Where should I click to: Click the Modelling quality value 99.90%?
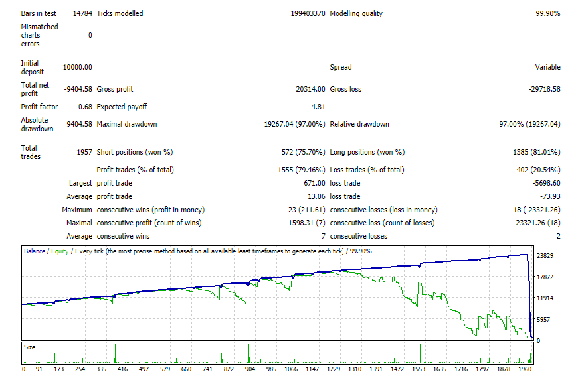click(x=547, y=13)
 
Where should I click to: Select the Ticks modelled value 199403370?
click(x=308, y=13)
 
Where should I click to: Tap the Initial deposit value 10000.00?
click(x=78, y=67)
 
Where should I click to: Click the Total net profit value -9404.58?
click(x=78, y=89)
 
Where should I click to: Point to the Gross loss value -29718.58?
click(x=544, y=89)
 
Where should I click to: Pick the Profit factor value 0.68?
click(x=85, y=107)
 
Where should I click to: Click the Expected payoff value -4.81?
click(x=317, y=107)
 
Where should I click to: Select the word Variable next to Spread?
click(x=547, y=67)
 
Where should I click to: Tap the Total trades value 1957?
click(x=84, y=152)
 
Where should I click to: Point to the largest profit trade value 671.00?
click(x=314, y=183)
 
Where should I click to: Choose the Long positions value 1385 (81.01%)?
click(x=537, y=152)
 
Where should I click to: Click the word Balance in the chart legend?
click(x=35, y=251)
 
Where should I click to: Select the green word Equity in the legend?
click(x=60, y=251)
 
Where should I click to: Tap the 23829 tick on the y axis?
click(x=545, y=255)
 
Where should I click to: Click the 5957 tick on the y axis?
click(x=543, y=320)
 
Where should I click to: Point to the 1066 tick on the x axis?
click(x=291, y=369)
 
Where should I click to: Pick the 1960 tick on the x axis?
click(x=525, y=369)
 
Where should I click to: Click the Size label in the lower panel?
click(x=30, y=347)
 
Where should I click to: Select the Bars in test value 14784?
click(x=82, y=13)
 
